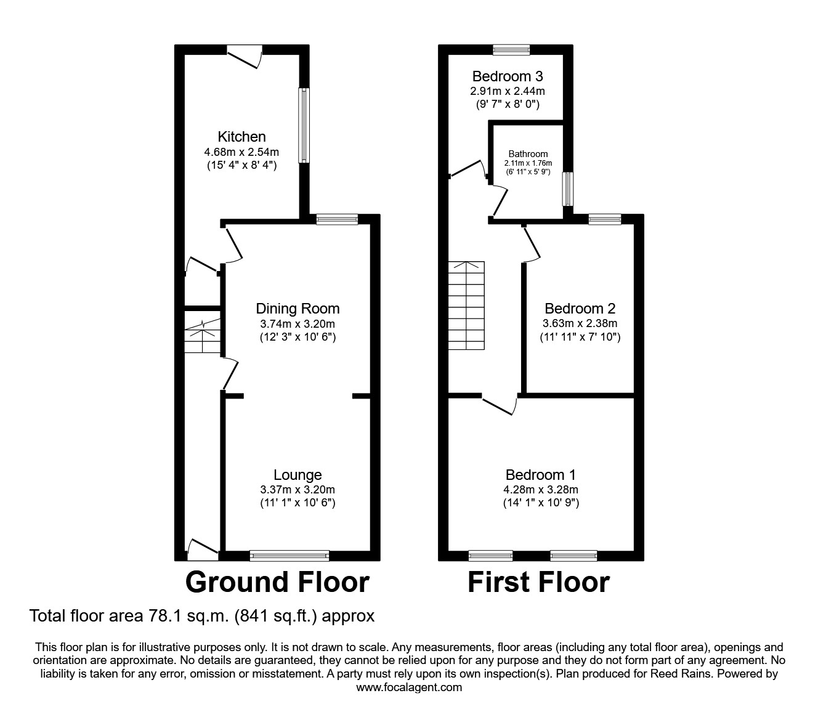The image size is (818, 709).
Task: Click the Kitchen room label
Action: click(241, 137)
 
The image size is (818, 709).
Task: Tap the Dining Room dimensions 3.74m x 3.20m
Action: click(298, 323)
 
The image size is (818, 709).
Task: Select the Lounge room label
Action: click(298, 475)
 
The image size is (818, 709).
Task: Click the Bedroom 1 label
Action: click(540, 475)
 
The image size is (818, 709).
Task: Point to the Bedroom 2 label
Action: click(580, 309)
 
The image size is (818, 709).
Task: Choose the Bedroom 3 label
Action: click(507, 76)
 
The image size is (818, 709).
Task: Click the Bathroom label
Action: click(528, 154)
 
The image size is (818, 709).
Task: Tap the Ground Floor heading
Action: click(277, 582)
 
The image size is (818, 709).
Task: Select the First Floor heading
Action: click(538, 582)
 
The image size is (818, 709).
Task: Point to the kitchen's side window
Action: click(304, 126)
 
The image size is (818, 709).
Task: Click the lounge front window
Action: click(290, 556)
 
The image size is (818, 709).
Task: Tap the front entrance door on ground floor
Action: click(202, 549)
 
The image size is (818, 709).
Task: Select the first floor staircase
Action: click(466, 306)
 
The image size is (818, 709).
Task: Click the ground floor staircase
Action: click(202, 336)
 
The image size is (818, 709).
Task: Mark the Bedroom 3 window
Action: click(511, 50)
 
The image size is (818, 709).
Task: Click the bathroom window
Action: click(567, 188)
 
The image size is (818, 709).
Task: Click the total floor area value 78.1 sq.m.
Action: click(167, 615)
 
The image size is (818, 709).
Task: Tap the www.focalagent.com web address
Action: click(409, 687)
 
